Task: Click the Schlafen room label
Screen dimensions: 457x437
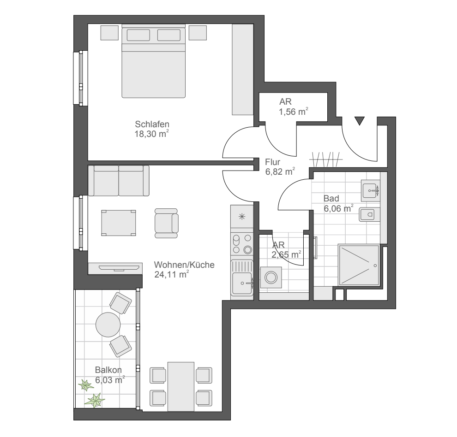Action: (152, 124)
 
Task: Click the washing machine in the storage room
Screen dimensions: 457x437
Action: (271, 278)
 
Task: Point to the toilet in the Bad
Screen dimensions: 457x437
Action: (369, 215)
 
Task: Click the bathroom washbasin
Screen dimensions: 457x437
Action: (370, 191)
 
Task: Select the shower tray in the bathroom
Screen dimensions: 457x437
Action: (359, 265)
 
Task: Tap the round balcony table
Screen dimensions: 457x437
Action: (108, 325)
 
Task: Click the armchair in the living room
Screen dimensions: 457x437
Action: (166, 223)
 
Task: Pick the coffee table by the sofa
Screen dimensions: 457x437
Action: (118, 223)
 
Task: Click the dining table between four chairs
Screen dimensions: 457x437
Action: (180, 387)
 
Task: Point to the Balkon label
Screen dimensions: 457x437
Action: (108, 370)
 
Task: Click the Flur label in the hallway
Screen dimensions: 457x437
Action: (272, 162)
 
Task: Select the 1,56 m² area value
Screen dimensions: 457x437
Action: (294, 112)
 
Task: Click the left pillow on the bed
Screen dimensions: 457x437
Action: (138, 35)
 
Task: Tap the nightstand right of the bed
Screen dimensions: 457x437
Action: (198, 33)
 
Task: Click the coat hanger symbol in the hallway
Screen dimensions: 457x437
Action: (326, 159)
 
